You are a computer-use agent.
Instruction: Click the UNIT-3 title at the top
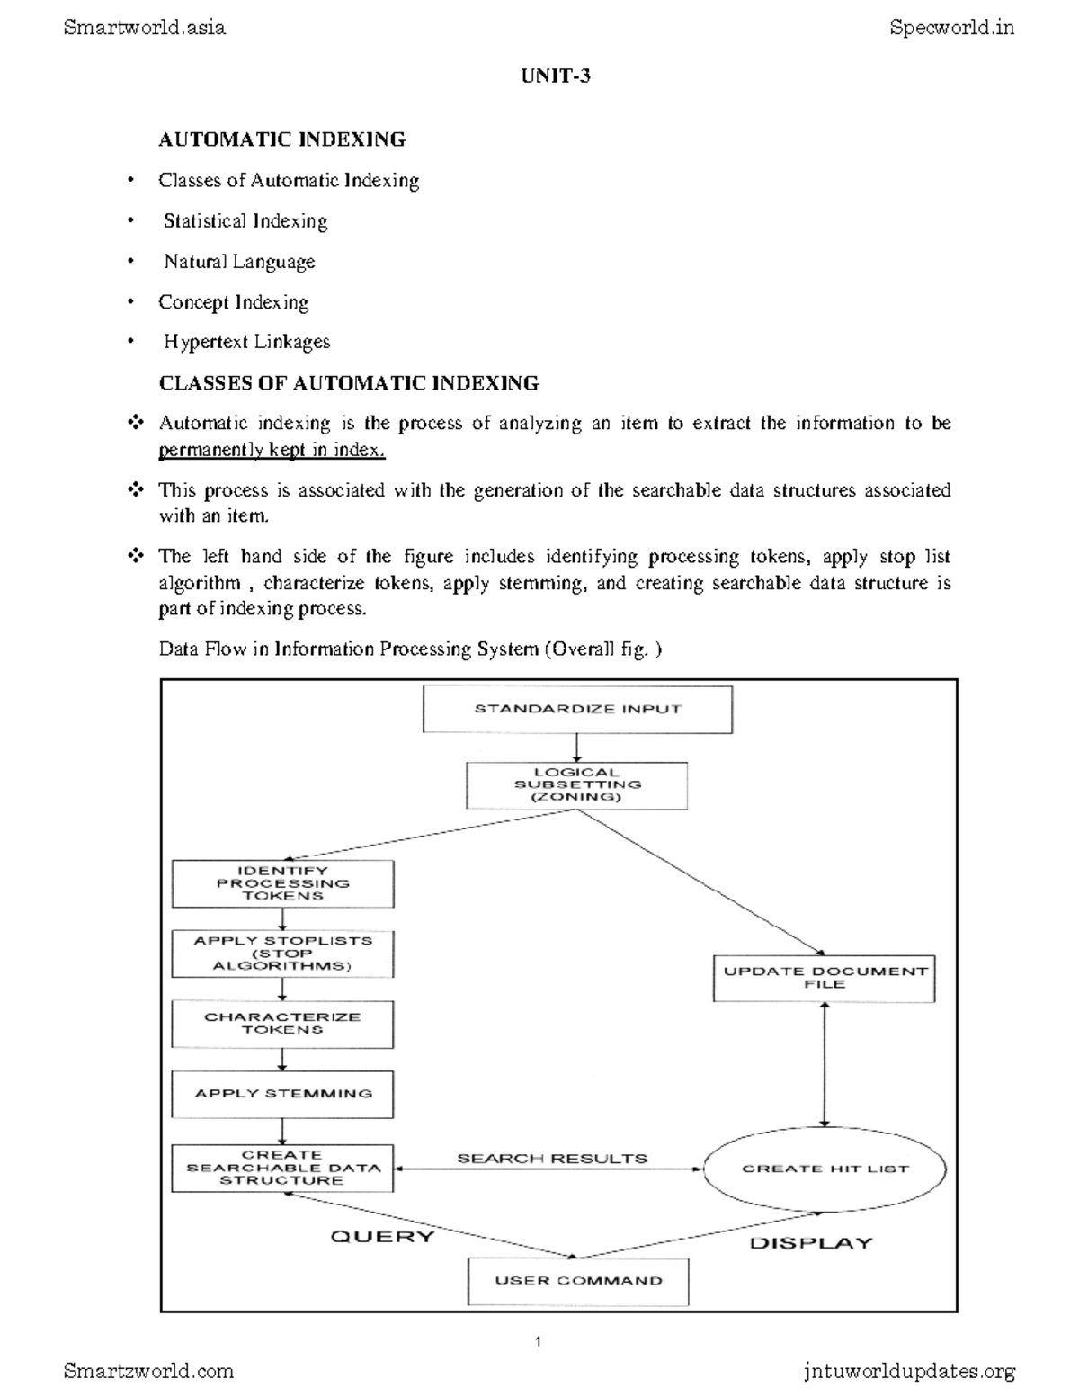click(x=556, y=76)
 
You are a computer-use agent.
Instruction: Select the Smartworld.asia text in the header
click(x=145, y=28)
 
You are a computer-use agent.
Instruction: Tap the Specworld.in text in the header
click(x=951, y=28)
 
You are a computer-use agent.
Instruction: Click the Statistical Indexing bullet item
click(x=245, y=221)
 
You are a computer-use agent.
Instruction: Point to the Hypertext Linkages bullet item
click(x=246, y=342)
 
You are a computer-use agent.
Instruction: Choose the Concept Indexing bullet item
click(x=234, y=302)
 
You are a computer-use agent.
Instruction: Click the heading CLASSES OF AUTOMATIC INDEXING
click(x=349, y=383)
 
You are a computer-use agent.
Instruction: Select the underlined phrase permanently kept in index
click(x=272, y=450)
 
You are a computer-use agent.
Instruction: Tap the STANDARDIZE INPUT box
click(x=577, y=709)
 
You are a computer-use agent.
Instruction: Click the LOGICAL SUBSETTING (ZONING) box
click(x=576, y=785)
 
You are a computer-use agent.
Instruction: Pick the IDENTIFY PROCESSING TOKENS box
click(x=282, y=883)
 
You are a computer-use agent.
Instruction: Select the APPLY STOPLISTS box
click(x=282, y=954)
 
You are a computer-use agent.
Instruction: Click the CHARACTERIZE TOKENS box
click(x=282, y=1024)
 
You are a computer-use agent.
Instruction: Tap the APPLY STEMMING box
click(x=282, y=1094)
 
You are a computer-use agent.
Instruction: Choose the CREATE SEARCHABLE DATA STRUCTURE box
click(x=282, y=1168)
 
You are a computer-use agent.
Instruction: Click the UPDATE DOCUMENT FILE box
click(x=824, y=978)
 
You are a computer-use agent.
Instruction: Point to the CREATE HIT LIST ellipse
click(x=825, y=1169)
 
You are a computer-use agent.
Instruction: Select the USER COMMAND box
click(x=577, y=1280)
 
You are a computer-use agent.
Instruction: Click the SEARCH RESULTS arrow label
click(x=552, y=1159)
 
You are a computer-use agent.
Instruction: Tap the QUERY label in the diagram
click(x=382, y=1236)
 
